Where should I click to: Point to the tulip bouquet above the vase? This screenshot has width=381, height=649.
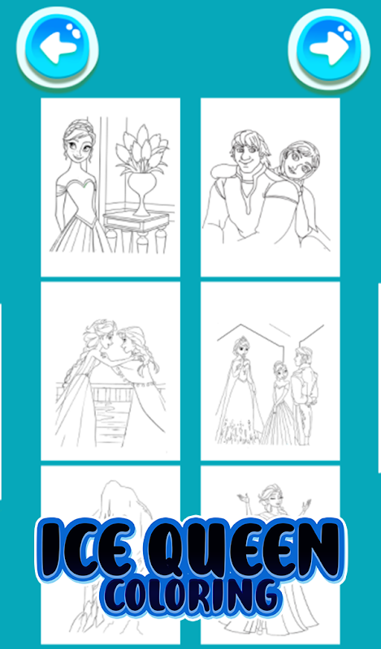pyautogui.click(x=142, y=149)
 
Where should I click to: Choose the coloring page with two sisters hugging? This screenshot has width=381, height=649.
pyautogui.click(x=110, y=371)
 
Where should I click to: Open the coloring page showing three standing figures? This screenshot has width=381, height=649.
pyautogui.click(x=271, y=371)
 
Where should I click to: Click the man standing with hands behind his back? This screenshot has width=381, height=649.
pyautogui.click(x=303, y=395)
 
